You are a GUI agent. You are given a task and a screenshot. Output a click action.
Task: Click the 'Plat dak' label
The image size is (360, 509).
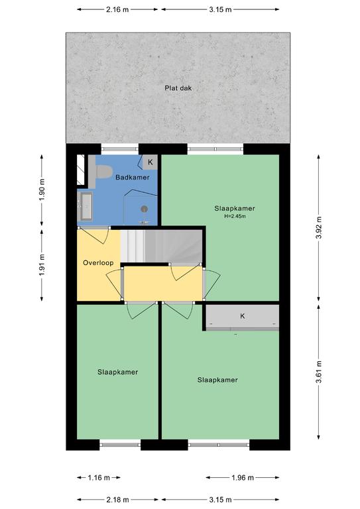pyautogui.click(x=178, y=88)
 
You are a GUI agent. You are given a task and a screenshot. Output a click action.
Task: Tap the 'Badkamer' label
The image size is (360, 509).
pyautogui.click(x=133, y=177)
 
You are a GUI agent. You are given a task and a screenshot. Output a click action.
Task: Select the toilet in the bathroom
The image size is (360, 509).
pyautogui.click(x=103, y=172)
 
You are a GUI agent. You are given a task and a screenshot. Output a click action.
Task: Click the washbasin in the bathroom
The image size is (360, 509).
pyautogui.click(x=86, y=206)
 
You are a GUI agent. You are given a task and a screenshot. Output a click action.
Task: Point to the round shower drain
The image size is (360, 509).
pyautogui.click(x=145, y=209)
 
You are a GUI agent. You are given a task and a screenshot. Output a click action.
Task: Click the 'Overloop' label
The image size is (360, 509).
pyautogui.click(x=98, y=262)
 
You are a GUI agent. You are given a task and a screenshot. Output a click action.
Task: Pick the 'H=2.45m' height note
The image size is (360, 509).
pyautogui.click(x=235, y=216)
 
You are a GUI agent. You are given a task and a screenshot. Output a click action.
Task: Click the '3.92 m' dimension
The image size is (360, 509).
pyautogui.click(x=319, y=228)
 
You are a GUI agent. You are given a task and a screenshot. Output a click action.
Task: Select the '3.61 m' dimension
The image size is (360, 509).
pyautogui.click(x=319, y=372)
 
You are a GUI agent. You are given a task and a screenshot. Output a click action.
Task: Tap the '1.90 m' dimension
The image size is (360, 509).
pyautogui.click(x=42, y=190)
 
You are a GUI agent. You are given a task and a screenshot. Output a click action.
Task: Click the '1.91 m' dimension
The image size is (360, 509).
pyautogui.click(x=42, y=265)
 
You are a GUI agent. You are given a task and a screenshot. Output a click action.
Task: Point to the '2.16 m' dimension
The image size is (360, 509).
pyautogui.click(x=117, y=9)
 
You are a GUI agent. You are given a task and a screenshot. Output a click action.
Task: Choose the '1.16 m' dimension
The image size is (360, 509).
pyautogui.click(x=99, y=477)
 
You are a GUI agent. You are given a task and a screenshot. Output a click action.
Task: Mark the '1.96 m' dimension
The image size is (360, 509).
pyautogui.click(x=243, y=477)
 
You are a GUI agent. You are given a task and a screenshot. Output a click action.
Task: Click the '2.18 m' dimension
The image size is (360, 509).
pyautogui.click(x=117, y=500)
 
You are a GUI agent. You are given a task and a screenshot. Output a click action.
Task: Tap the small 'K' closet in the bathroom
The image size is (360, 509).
pyautogui.click(x=150, y=162)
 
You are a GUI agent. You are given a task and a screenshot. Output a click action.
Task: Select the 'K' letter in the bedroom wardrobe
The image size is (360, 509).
pyautogui.click(x=242, y=316)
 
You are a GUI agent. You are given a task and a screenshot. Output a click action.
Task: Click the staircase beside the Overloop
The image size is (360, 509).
pyautogui.click(x=161, y=246)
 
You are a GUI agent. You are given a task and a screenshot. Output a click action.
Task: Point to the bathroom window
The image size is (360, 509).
pyautogui.click(x=120, y=149)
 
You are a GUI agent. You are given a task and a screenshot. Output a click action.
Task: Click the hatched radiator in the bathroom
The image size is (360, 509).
pyautogui.click(x=80, y=170)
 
